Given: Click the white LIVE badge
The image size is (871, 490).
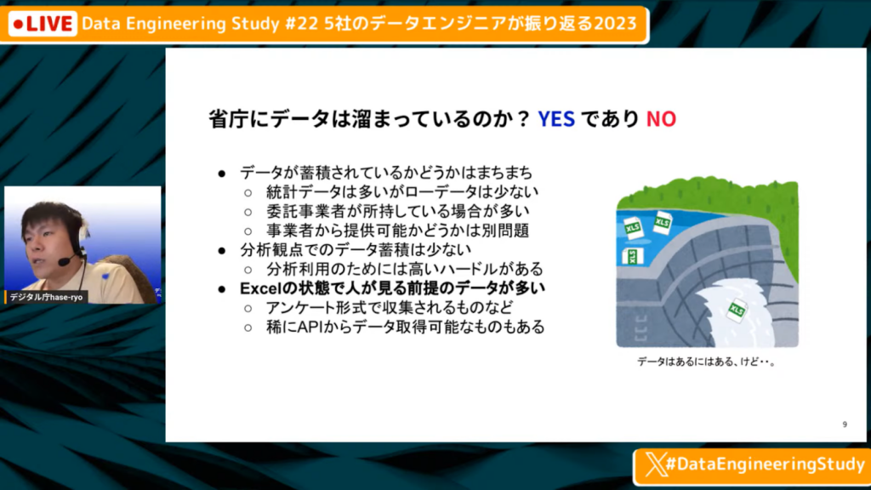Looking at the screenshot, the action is point(43,24).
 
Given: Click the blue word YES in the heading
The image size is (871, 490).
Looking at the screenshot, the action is point(556,119).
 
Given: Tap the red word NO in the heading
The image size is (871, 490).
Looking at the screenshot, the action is point(661,119).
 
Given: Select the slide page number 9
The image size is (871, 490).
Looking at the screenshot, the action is point(845,424).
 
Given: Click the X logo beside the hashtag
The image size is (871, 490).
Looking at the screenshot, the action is point(656,464).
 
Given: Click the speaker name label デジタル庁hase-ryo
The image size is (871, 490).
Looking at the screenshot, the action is point(46,297).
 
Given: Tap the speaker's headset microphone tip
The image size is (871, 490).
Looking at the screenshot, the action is point(63,262).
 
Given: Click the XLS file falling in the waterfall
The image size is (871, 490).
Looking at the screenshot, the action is point(736,311).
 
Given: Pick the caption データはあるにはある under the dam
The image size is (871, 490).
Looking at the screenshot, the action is point(681,362).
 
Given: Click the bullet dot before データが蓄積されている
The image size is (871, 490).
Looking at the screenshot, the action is point(222,174).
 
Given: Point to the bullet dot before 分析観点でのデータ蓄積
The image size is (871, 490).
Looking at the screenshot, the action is point(222,251).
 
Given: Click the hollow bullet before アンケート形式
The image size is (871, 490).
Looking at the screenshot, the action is point(248,308).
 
